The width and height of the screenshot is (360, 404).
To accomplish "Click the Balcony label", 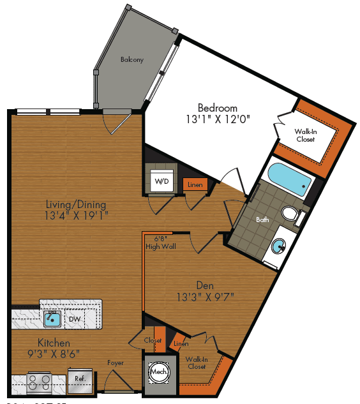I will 132,60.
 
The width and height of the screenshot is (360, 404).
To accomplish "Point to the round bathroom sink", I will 279,246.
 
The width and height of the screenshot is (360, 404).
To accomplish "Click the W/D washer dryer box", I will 162,181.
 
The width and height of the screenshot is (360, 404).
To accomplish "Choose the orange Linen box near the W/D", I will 195,185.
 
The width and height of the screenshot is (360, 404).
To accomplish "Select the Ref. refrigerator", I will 80,378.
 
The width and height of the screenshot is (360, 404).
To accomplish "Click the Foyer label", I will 116,364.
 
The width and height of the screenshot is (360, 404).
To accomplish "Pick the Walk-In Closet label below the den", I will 197,363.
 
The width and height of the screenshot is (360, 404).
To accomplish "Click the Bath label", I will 262,220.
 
